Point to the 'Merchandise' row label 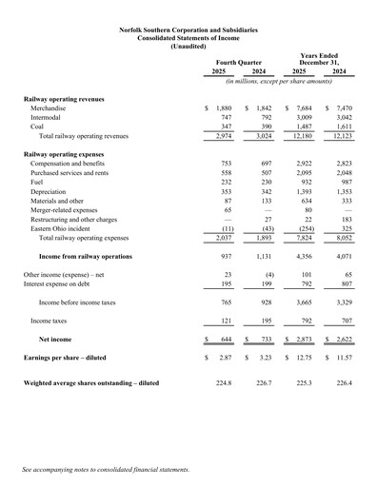pos(50,109)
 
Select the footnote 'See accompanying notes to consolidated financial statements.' pos(106,470)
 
